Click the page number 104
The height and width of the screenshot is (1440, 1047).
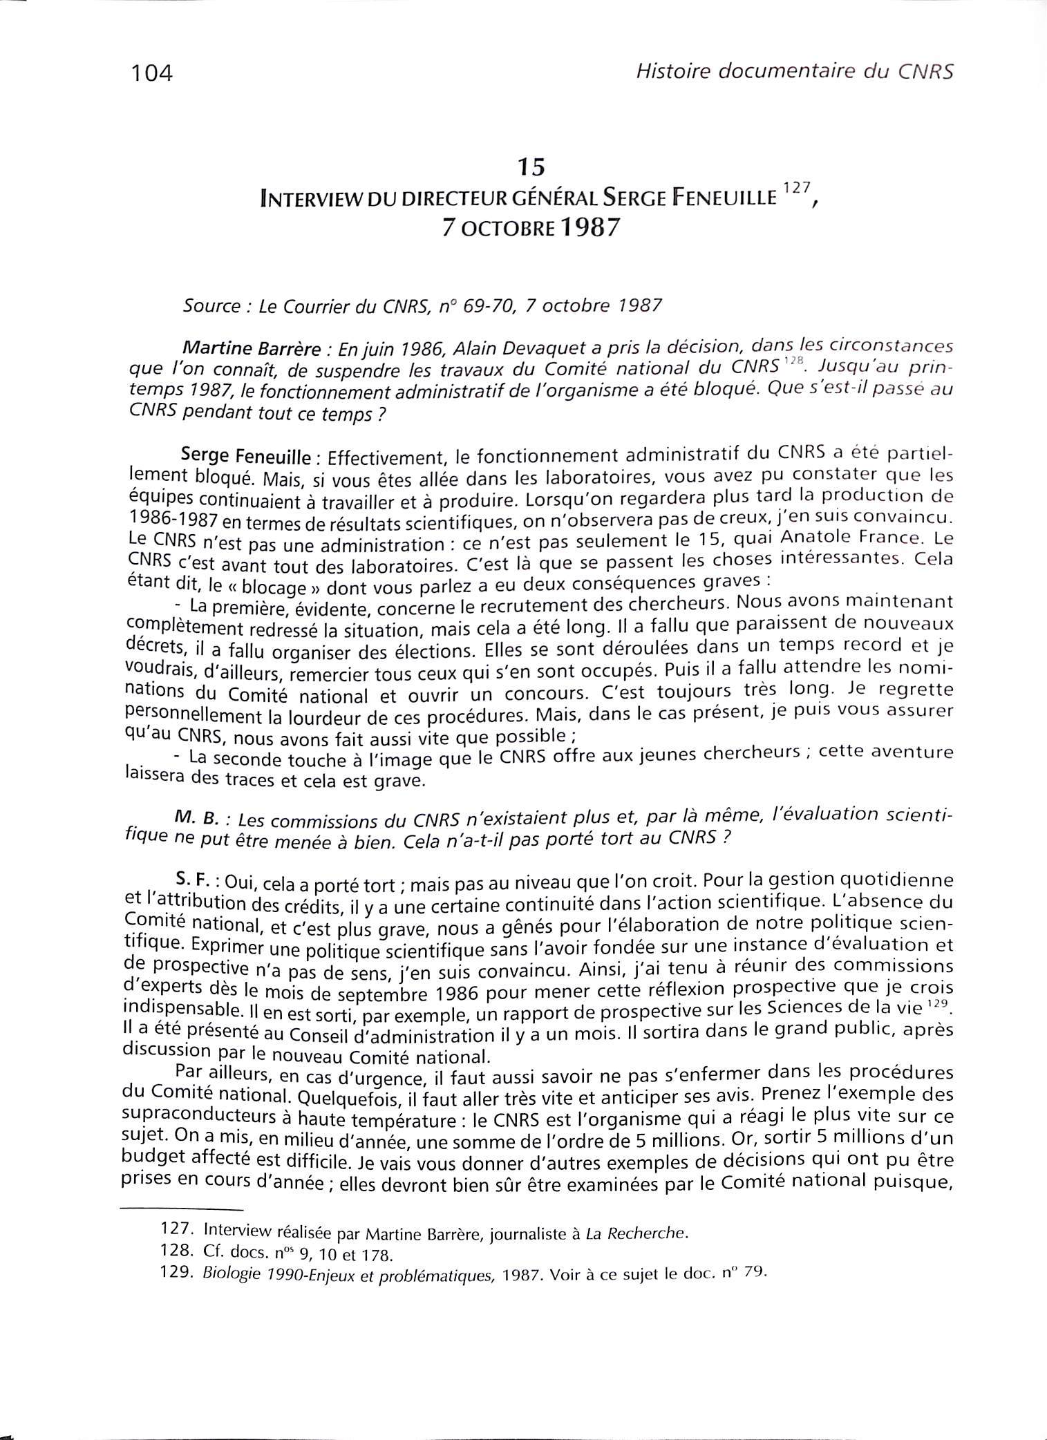(150, 72)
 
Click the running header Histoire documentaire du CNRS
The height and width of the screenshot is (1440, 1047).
(794, 70)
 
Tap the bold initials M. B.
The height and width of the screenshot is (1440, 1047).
(197, 818)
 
